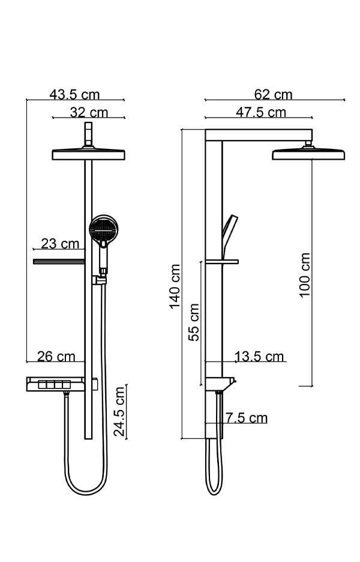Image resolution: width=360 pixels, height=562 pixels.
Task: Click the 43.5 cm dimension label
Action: (74, 94)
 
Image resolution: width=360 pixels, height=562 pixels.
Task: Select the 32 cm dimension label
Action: (89, 112)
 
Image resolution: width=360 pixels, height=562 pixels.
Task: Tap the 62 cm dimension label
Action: (273, 94)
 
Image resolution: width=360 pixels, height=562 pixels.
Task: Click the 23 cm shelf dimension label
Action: (60, 243)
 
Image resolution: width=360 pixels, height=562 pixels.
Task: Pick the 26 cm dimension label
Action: (56, 356)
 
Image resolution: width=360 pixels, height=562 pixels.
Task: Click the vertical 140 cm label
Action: (175, 286)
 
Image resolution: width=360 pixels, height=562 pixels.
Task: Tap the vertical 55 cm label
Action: (194, 322)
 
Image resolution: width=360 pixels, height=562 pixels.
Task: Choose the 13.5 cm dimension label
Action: (259, 357)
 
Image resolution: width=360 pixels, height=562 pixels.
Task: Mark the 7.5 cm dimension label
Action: (246, 418)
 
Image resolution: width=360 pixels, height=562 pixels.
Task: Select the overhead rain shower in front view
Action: (89, 154)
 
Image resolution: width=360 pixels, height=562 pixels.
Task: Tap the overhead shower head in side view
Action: (308, 154)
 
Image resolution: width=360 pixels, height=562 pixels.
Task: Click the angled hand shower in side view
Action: (229, 231)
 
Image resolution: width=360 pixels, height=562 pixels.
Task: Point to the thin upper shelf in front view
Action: (58, 261)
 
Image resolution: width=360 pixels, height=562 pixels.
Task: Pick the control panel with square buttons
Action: (53, 384)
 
